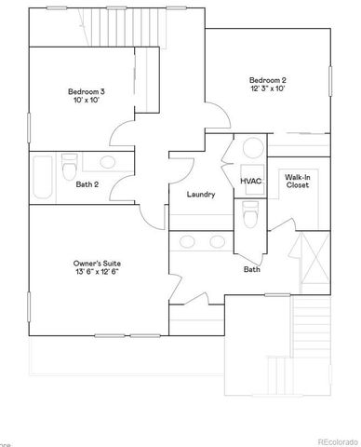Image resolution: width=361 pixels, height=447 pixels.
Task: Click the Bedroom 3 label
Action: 85,91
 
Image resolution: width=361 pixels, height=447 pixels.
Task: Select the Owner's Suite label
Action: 97,264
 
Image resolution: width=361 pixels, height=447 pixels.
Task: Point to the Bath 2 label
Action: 88,183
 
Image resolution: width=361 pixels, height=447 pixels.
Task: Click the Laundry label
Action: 201,195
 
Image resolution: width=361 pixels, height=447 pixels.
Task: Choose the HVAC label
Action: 250,180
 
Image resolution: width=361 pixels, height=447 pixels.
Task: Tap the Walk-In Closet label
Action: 297,180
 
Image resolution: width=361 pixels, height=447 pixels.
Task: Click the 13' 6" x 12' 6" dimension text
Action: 97,274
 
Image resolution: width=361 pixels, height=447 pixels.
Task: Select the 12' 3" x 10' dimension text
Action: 268,88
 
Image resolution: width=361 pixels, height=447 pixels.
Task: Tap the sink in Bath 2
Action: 105,162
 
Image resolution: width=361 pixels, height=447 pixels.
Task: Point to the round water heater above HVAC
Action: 251,150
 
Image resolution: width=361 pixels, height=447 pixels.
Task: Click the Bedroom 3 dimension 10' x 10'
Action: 85,102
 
